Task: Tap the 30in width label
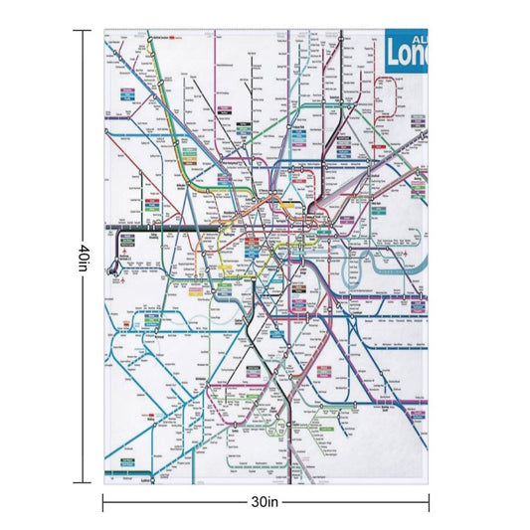click(x=265, y=502)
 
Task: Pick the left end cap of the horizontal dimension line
click(x=103, y=502)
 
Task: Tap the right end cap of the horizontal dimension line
click(x=430, y=502)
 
